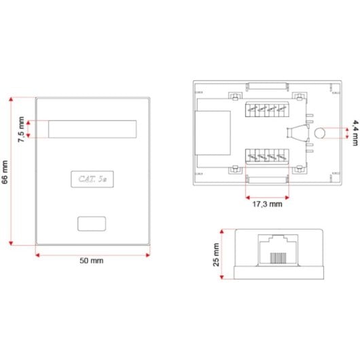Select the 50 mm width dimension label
91,260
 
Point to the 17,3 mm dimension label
266,203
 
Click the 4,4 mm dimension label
355,129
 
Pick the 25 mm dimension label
217,255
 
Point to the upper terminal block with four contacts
266,109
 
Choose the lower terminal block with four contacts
266,157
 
